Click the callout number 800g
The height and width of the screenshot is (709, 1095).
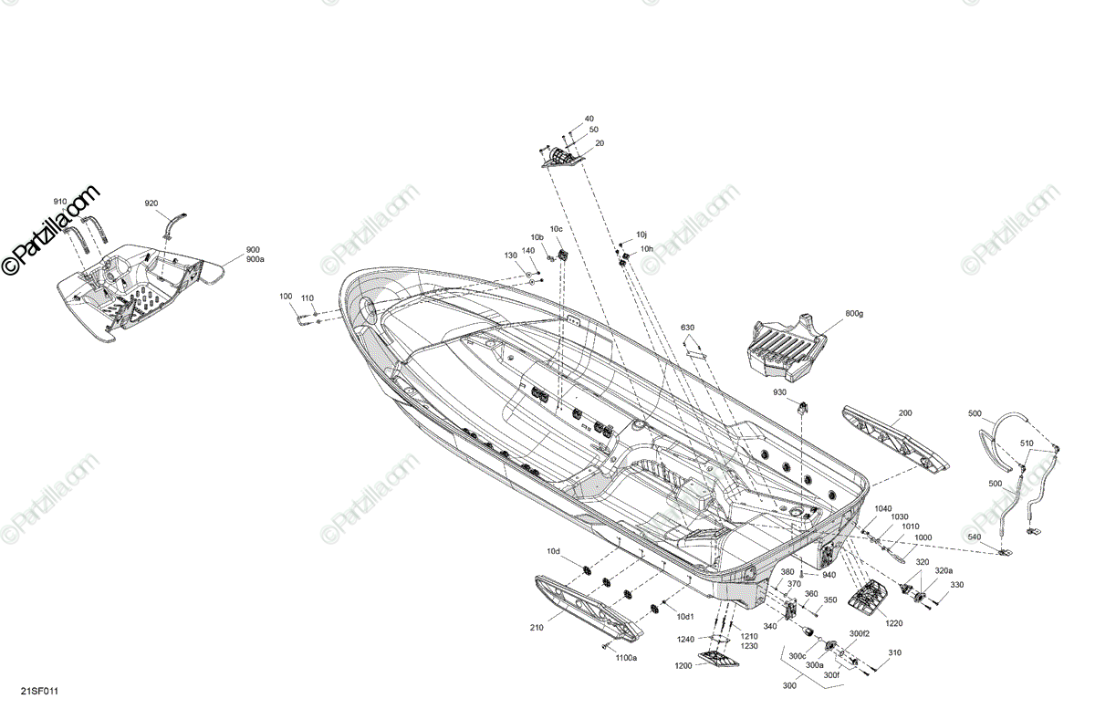[854, 314]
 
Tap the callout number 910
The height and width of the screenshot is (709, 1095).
[60, 201]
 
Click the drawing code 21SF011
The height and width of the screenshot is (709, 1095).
[40, 692]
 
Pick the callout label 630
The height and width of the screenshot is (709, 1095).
[687, 328]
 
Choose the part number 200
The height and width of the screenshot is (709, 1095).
[904, 413]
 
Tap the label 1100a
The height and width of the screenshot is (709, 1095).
[626, 657]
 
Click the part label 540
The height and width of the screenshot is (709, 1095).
[975, 537]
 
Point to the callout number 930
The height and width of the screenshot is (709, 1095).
[779, 392]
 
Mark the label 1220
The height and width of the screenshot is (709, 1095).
[893, 623]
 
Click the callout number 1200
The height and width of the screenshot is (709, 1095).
[684, 667]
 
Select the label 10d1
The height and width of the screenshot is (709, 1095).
[684, 618]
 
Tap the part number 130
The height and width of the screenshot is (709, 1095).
[511, 255]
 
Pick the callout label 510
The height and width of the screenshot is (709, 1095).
[1027, 443]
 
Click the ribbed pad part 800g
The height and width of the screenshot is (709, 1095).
[787, 348]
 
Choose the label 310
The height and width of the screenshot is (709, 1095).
[894, 653]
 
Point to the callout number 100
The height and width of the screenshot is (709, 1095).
[286, 297]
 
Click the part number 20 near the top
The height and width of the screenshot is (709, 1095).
[600, 143]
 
